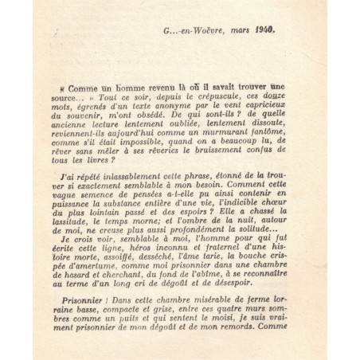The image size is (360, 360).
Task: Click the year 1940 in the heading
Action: point(264,34)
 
